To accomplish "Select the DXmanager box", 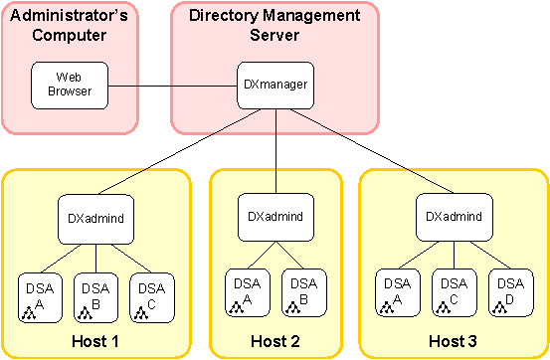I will pos(275,85).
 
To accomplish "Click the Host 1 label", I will pos(95,342).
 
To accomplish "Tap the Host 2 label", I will pos(275,342).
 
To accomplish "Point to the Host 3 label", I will pos(454,342).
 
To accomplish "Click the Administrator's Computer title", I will pos(69,25).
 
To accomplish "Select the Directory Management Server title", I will pos(275,25).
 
